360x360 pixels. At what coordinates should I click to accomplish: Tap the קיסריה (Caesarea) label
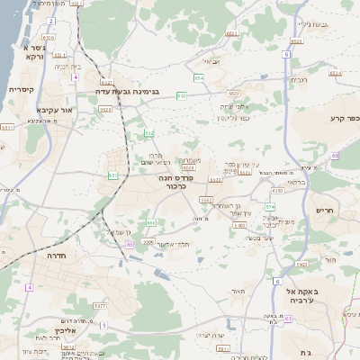20,90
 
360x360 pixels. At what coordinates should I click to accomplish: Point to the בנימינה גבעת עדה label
128,91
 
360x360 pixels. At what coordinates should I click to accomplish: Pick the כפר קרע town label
344,118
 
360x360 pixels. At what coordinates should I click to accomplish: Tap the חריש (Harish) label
324,210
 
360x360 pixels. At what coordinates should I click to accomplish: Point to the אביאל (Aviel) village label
212,61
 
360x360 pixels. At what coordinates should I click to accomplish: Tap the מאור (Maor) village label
237,292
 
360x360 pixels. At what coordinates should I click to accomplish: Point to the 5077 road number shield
98,307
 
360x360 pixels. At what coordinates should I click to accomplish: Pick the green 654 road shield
198,78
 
